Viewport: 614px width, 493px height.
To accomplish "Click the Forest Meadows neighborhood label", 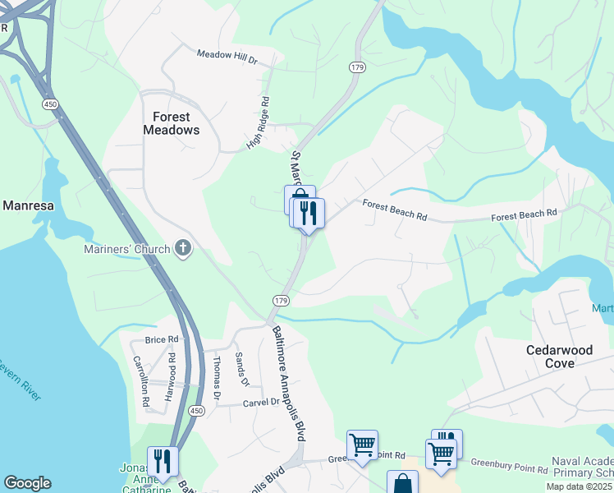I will (171, 123).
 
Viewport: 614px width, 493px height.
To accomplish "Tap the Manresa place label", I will (28, 205).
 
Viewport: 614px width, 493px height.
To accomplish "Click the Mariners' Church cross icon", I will (182, 248).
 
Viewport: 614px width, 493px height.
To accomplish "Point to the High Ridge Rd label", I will (259, 124).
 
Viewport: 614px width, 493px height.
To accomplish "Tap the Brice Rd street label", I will (161, 339).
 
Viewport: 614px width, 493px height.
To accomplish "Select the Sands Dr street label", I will (241, 370).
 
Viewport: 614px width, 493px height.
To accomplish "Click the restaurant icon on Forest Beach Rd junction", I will (309, 214).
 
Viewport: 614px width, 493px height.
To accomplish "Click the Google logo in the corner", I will (27, 483).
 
